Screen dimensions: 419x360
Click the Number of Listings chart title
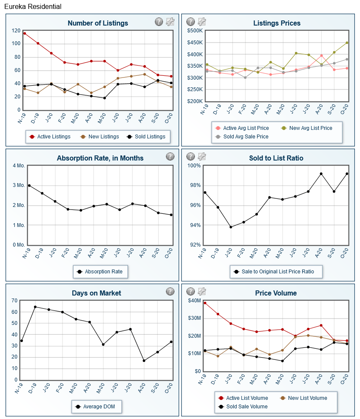click(x=97, y=23)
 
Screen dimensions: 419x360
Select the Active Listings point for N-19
click(x=25, y=33)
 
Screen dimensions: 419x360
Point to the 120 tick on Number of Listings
click(x=16, y=31)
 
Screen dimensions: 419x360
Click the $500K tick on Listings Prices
click(x=195, y=31)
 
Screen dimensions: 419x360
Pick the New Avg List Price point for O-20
click(x=347, y=43)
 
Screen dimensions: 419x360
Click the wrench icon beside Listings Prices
click(x=202, y=22)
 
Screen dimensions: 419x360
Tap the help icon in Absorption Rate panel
click(x=170, y=157)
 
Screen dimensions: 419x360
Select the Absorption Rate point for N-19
click(x=29, y=186)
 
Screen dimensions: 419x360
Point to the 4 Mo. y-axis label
click(x=19, y=166)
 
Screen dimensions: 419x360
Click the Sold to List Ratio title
click(x=276, y=158)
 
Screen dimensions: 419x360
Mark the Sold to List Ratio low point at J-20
click(x=231, y=227)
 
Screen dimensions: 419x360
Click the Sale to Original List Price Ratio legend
click(x=276, y=271)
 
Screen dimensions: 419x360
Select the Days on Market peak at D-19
click(x=35, y=307)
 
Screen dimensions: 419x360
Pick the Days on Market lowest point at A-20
click(x=144, y=361)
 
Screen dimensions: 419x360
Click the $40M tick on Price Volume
click(x=194, y=301)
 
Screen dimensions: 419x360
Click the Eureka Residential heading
click(x=33, y=6)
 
